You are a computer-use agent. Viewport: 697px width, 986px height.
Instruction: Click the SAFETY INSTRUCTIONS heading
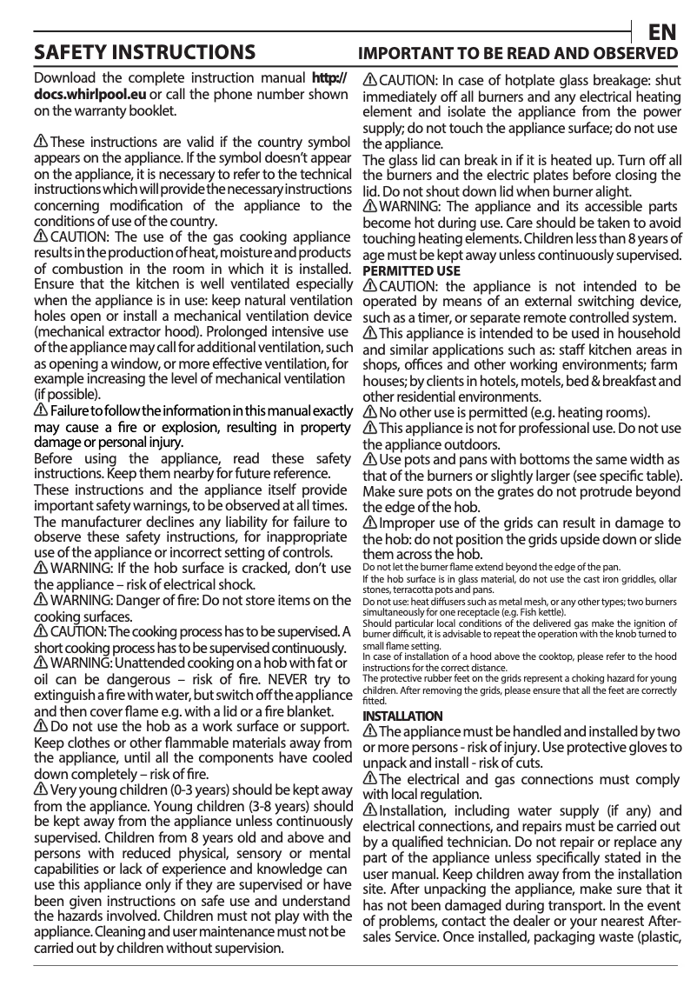coord(143,54)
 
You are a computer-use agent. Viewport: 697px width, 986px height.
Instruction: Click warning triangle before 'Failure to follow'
coord(40,410)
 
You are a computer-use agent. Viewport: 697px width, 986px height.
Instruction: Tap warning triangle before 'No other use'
coord(370,412)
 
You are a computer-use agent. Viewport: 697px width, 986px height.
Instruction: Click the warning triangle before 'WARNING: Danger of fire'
coord(40,601)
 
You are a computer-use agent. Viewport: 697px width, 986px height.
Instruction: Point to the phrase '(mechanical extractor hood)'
coord(112,331)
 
